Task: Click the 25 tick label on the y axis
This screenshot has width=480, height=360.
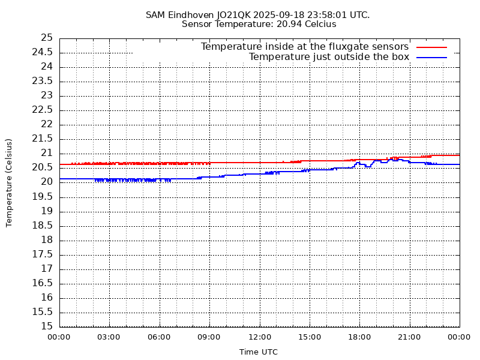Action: [x=47, y=38]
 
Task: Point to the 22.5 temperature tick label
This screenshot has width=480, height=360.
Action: [x=43, y=110]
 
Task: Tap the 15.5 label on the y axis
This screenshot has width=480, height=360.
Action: [x=43, y=312]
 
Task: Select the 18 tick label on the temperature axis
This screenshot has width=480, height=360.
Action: [x=47, y=240]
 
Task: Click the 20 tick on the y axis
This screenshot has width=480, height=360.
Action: [x=47, y=182]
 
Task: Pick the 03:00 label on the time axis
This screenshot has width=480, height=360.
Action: [x=109, y=337]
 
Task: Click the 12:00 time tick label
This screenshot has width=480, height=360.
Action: [x=259, y=337]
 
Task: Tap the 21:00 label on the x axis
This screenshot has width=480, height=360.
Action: [x=409, y=337]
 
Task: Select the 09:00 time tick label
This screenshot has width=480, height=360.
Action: [x=209, y=337]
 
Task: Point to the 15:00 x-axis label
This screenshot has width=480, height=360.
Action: [x=309, y=337]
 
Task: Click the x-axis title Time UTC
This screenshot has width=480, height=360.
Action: [x=259, y=352]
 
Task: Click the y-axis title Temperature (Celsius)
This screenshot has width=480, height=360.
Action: [x=9, y=182]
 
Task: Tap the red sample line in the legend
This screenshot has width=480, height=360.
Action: [x=432, y=47]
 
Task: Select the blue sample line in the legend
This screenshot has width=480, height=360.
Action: [x=432, y=57]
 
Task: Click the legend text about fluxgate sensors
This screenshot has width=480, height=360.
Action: [x=305, y=47]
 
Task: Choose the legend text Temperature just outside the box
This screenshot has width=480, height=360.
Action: [x=329, y=57]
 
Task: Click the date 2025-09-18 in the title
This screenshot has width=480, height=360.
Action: [x=278, y=14]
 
